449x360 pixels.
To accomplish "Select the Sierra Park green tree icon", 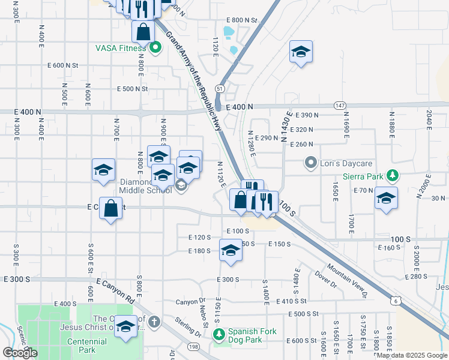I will [393, 176].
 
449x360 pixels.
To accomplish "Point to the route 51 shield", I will [221, 88].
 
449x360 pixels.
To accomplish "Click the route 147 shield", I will [340, 105].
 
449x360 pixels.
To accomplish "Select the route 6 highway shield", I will [395, 301].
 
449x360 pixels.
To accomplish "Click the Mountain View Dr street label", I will [346, 278].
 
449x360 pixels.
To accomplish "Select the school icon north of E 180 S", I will [231, 251].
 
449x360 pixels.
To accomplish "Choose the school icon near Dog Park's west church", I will [126, 327].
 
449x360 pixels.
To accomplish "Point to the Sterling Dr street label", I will [188, 326].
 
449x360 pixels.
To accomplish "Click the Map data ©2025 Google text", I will [411, 355].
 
